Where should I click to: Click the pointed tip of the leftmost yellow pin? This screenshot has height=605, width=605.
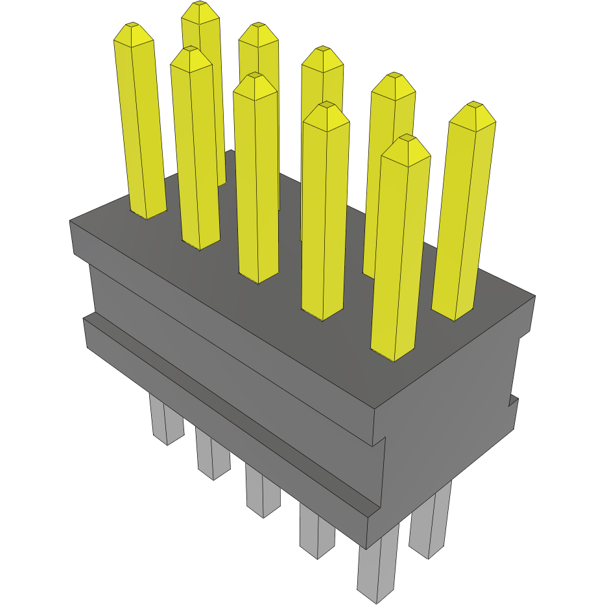click(x=132, y=26)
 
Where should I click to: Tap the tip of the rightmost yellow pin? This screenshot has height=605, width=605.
click(x=475, y=104)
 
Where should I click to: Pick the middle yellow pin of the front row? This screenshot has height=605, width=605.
click(x=257, y=182)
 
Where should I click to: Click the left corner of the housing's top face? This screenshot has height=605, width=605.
click(x=71, y=222)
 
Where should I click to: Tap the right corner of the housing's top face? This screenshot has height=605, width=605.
click(x=534, y=296)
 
